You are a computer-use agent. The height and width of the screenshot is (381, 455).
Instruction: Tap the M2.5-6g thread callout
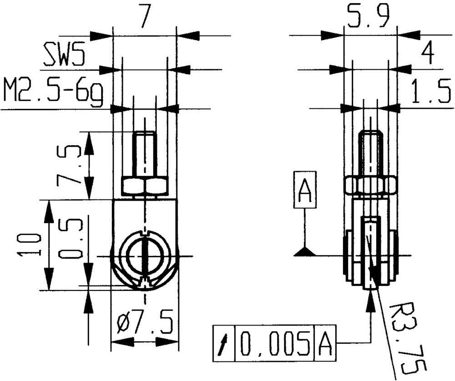(x=52, y=91)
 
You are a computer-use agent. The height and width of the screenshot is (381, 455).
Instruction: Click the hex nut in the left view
(x=145, y=186)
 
